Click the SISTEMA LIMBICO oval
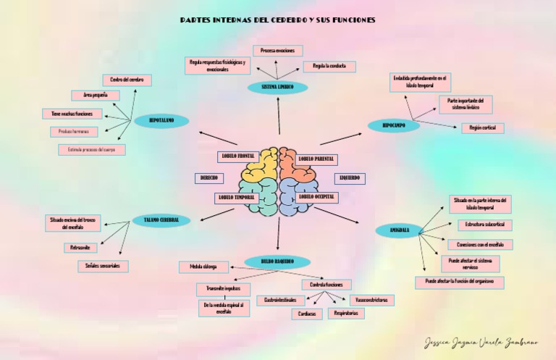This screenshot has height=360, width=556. (x=277, y=88)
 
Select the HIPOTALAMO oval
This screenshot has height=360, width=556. (x=161, y=121)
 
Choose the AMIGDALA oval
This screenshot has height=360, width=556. (x=400, y=230)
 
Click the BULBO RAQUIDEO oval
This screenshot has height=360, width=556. (x=277, y=261)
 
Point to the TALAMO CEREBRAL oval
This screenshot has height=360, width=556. (x=161, y=220)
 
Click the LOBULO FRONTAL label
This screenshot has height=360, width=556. (x=237, y=156)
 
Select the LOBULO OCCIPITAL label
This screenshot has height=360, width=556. (x=316, y=197)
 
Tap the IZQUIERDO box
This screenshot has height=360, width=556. (x=350, y=178)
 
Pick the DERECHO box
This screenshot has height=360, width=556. (x=208, y=178)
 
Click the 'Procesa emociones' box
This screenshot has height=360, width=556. (x=278, y=51)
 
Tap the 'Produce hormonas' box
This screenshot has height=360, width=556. (x=74, y=132)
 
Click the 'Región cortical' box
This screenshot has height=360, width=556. (x=482, y=128)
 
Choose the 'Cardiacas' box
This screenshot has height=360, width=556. (x=307, y=314)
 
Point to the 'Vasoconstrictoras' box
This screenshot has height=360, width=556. (x=372, y=300)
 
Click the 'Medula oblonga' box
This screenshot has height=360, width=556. (x=203, y=267)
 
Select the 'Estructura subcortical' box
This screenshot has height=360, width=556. (x=484, y=225)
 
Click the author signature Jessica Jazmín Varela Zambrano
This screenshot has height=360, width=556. (x=481, y=342)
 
